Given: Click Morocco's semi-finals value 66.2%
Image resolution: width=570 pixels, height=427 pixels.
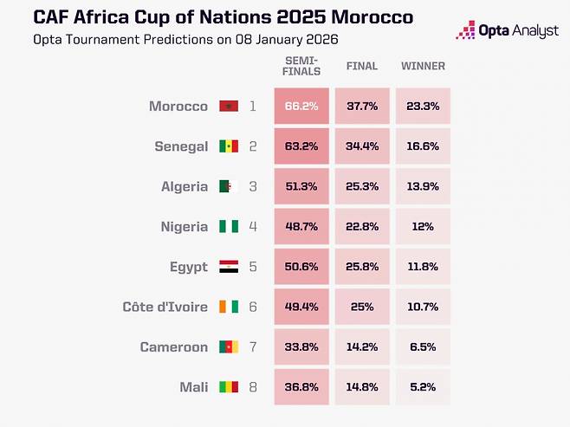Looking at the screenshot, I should (301, 107).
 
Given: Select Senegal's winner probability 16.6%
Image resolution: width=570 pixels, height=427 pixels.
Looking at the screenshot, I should (423, 146).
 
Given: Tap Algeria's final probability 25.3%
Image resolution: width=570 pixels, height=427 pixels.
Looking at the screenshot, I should (361, 186).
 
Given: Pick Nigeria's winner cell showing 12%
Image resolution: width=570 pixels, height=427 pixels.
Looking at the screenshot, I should (423, 227).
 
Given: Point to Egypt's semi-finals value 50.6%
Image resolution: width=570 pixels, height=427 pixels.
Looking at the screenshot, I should (301, 267).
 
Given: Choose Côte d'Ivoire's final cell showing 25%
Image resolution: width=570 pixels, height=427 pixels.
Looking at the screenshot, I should (361, 307).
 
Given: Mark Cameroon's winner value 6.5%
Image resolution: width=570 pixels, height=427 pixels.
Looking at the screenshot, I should (423, 347).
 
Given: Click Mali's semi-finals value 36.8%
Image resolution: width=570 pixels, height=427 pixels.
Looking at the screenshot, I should (301, 387).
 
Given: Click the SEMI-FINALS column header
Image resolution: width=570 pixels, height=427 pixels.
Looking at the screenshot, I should (301, 66).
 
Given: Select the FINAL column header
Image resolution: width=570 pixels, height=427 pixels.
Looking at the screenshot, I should (361, 66).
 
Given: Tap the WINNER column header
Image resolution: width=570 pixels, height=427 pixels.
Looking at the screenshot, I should (423, 66).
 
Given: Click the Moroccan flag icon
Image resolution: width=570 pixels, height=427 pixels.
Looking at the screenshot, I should (229, 107).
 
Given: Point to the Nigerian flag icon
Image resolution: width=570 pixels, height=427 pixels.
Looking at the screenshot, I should (229, 227).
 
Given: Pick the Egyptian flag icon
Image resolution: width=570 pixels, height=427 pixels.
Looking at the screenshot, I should (229, 267).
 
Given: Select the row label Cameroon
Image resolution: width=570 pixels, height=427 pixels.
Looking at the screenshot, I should (173, 347).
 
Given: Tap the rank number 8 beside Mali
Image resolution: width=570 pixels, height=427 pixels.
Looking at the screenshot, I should (253, 387).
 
